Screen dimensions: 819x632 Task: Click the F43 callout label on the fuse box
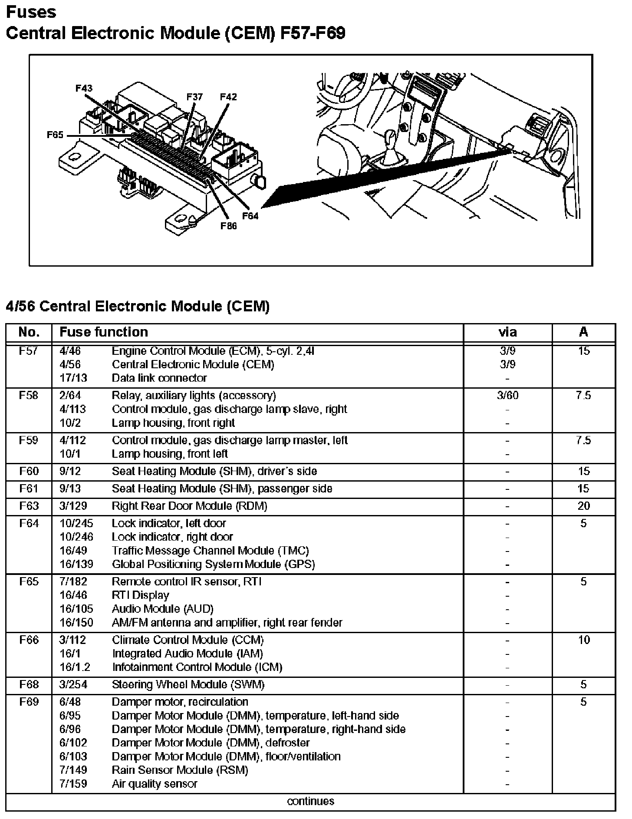point(84,88)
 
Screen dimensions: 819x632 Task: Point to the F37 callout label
point(194,97)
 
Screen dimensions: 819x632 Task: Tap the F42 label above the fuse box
point(228,97)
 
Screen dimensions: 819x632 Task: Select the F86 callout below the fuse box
point(229,226)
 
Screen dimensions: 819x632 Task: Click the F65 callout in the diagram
point(55,135)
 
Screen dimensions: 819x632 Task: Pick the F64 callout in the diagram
point(250,215)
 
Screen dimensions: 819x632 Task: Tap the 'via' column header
point(507,332)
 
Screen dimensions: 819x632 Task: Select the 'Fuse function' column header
point(103,332)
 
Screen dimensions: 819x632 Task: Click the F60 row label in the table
point(29,471)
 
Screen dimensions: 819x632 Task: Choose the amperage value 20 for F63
point(583,506)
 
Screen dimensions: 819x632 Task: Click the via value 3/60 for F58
point(507,396)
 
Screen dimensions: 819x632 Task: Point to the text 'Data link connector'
point(159,378)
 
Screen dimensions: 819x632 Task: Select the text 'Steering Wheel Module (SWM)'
point(188,685)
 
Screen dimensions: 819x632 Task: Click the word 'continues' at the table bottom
point(310,801)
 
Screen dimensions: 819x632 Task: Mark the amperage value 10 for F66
point(583,640)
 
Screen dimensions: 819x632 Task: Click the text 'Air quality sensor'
point(154,784)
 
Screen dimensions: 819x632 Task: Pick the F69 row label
point(29,702)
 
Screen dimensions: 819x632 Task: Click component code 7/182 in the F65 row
point(73,581)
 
